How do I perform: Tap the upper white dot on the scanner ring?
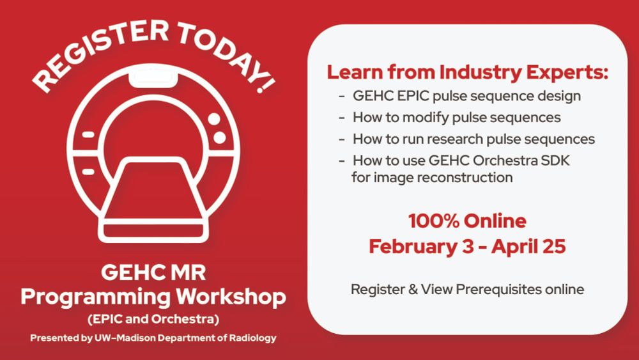point(214,119)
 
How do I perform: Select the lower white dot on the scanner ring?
point(220,137)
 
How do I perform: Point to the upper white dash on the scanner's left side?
point(88,134)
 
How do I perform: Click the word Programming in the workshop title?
point(95,297)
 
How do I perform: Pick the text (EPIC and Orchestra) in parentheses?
point(153,319)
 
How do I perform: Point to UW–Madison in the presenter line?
point(125,338)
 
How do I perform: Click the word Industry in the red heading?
point(481,73)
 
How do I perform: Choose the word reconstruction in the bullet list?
point(465,178)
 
